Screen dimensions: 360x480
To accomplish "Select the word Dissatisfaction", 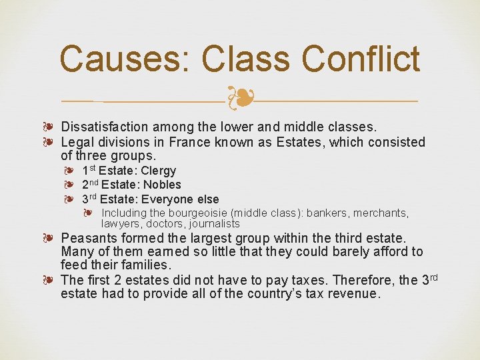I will point(105,127).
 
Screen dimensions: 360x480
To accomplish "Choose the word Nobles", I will point(163,185).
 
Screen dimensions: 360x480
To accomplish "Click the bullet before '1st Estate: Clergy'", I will point(69,171).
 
